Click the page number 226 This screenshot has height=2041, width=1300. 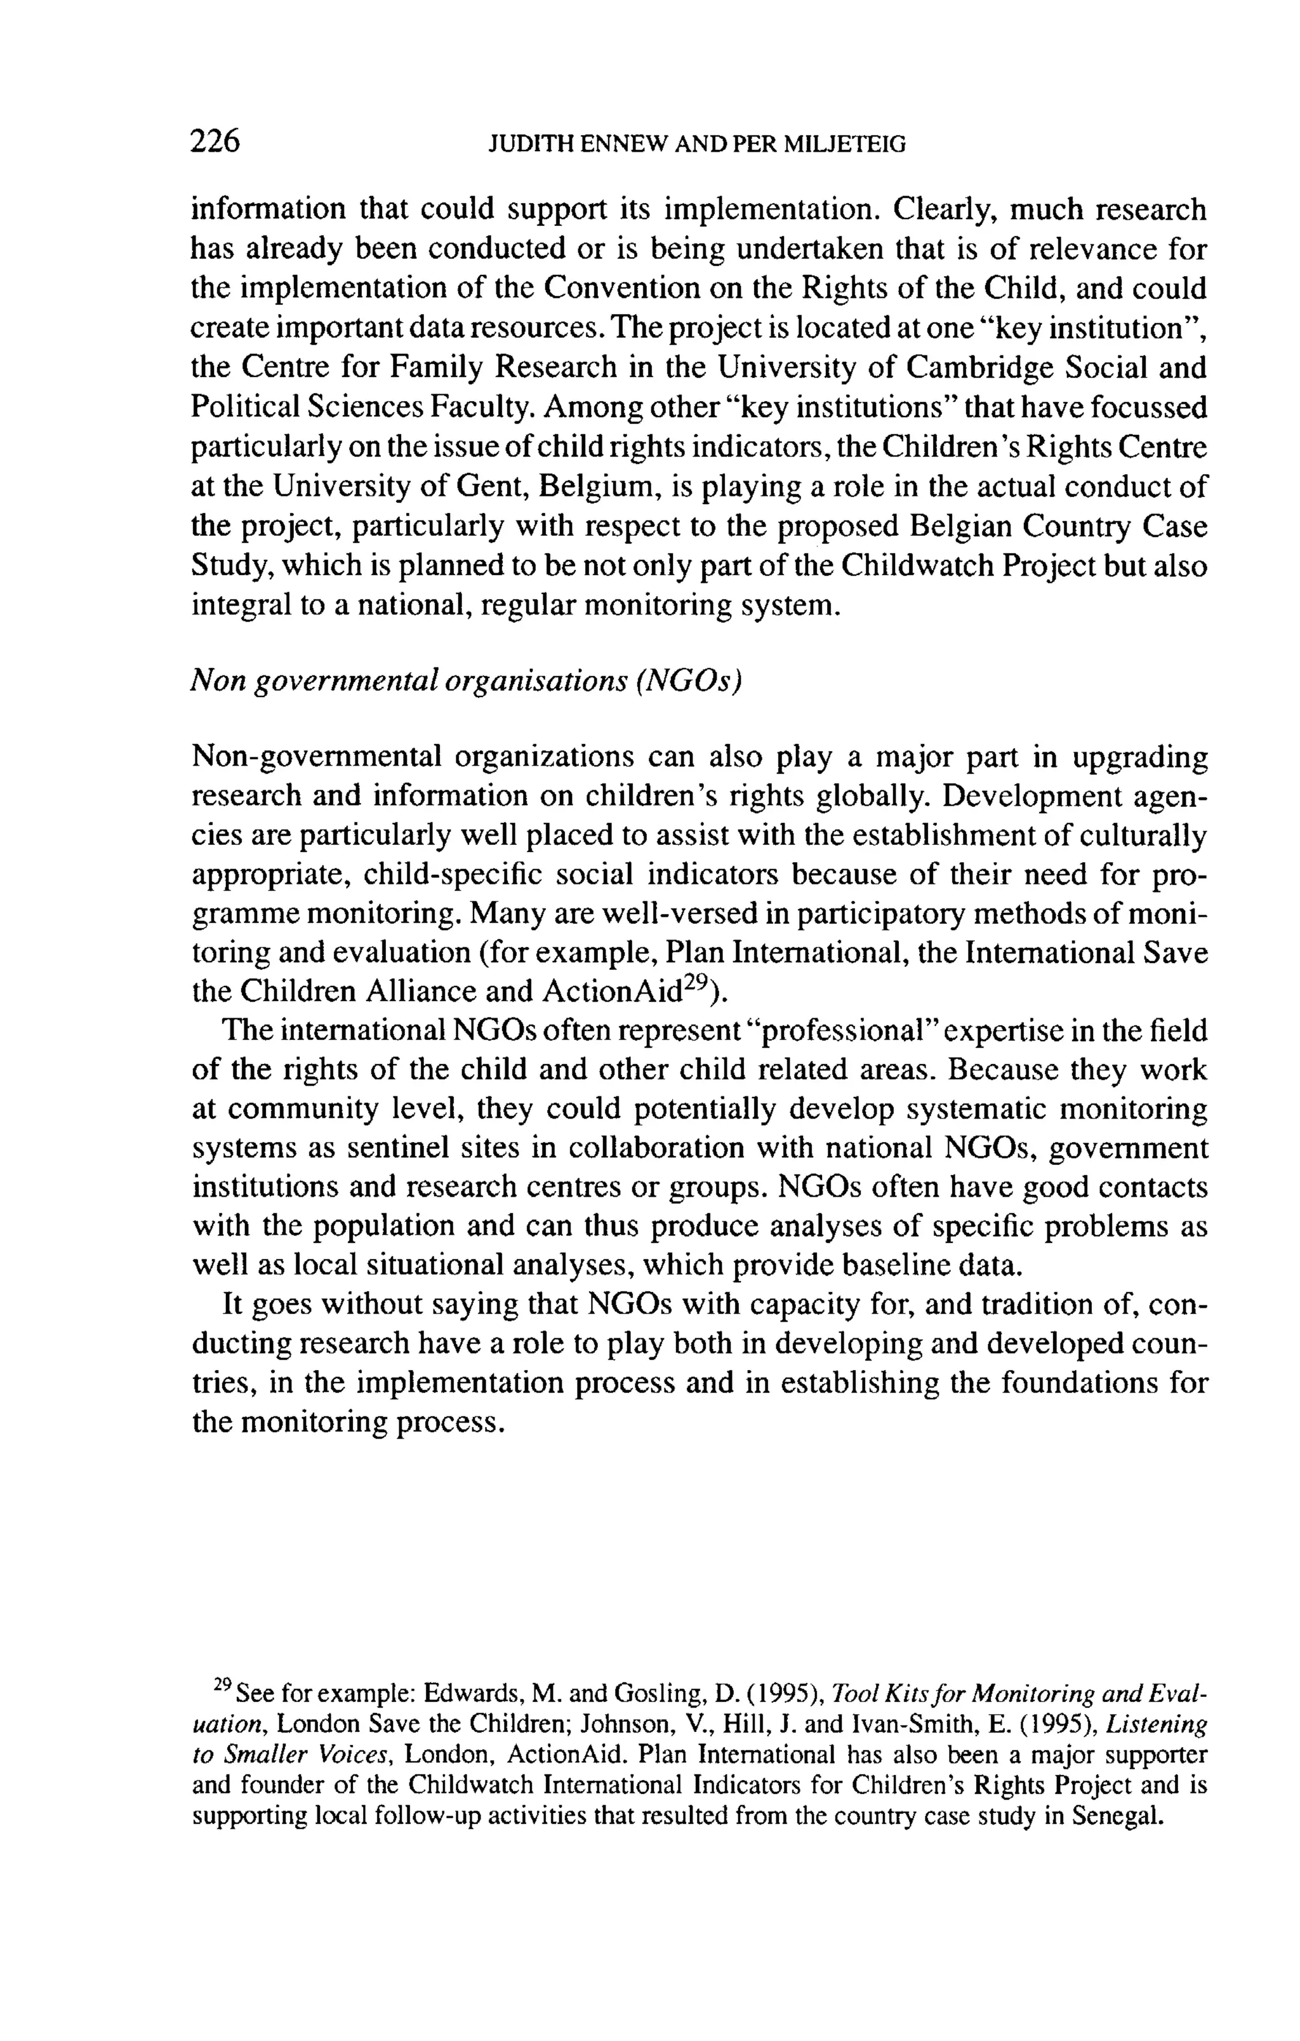click(x=215, y=142)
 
